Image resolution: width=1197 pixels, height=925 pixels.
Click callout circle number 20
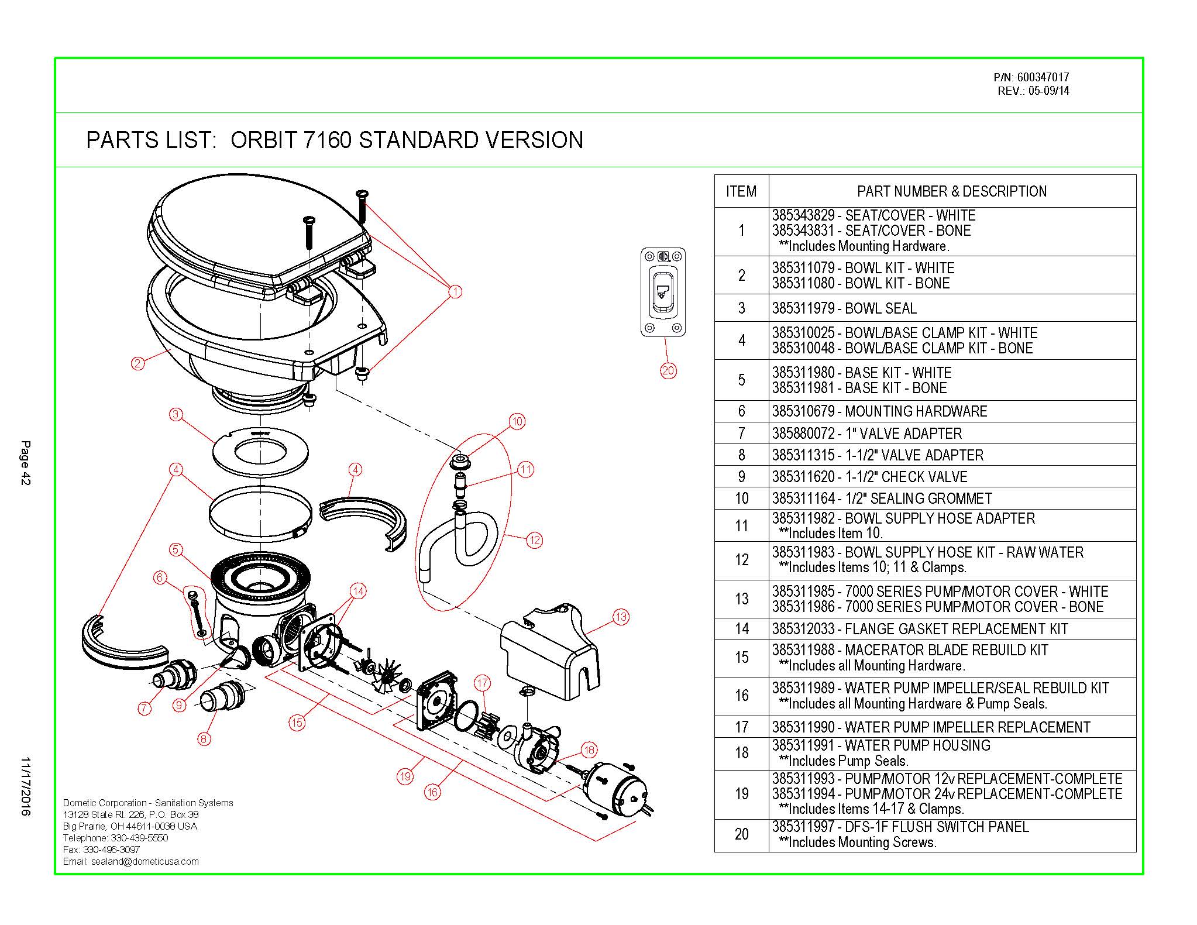(x=668, y=370)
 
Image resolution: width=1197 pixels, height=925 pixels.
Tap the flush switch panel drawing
(x=663, y=292)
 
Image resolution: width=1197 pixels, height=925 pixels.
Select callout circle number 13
(x=621, y=616)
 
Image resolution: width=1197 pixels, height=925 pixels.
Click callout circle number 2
(x=137, y=363)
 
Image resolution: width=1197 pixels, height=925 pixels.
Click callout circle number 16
(x=432, y=792)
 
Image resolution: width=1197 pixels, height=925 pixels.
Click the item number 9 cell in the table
(x=741, y=476)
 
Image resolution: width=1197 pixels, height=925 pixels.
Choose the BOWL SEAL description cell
(x=951, y=308)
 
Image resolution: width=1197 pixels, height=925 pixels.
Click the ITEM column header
(x=741, y=191)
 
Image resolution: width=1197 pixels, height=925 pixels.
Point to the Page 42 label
(x=26, y=463)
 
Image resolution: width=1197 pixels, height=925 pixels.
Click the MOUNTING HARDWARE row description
(x=951, y=411)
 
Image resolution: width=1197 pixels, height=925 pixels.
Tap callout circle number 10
(x=517, y=421)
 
